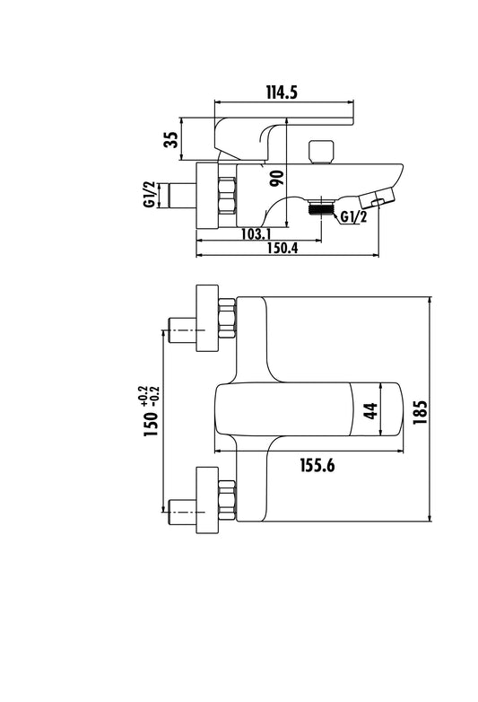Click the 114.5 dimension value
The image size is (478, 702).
(x=282, y=92)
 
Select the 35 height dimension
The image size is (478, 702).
(x=171, y=140)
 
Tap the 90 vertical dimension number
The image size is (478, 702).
(x=277, y=179)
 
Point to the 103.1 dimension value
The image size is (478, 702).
(x=256, y=233)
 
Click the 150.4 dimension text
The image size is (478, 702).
(x=282, y=248)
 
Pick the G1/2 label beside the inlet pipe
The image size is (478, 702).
(x=149, y=194)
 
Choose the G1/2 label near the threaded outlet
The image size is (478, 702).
(x=353, y=216)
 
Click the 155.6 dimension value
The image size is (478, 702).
(x=317, y=466)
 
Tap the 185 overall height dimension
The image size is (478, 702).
(x=420, y=412)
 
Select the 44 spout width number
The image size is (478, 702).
(x=370, y=411)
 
